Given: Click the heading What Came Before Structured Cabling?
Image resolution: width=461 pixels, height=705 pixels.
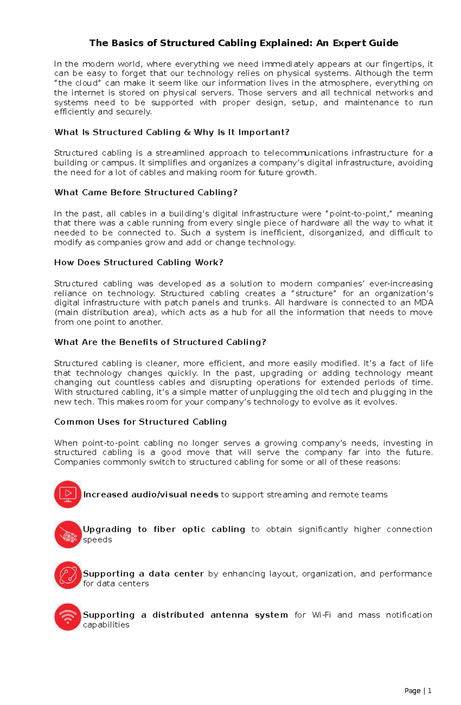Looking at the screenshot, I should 146,192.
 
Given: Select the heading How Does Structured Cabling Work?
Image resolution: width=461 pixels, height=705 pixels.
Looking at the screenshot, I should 138,262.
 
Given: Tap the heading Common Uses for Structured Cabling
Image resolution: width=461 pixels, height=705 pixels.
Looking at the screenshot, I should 140,422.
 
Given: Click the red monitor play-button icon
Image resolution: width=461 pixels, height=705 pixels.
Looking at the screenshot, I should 68,494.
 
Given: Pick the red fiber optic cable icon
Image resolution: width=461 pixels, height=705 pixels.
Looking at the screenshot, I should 68,534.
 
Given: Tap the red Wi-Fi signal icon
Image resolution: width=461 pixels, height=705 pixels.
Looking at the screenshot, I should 68,617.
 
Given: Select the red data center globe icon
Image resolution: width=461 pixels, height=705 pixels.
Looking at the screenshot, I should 68,575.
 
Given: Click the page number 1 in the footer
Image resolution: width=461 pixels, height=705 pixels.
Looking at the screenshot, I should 429,691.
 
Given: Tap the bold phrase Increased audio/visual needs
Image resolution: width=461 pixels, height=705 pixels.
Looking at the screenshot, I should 151,495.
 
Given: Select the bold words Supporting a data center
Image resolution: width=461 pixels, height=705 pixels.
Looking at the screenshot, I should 143,574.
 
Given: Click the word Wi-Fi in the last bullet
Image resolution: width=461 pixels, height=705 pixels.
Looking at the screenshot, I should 321,615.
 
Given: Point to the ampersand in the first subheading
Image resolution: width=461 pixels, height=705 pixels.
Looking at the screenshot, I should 187,133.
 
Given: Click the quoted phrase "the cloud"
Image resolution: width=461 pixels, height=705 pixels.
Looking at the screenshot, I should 77,83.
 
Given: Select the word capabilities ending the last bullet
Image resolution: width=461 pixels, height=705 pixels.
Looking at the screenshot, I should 106,625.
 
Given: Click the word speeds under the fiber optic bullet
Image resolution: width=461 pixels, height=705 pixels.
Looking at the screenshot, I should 98,540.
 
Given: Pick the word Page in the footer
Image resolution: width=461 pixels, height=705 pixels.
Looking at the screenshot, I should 412,691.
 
